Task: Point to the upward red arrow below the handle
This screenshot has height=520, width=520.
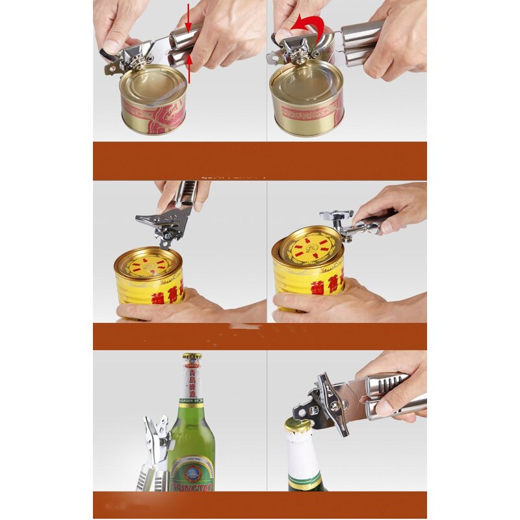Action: pyautogui.click(x=189, y=69)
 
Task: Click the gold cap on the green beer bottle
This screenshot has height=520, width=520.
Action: pyautogui.click(x=192, y=358)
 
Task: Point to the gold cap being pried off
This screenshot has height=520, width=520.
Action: pyautogui.click(x=298, y=426)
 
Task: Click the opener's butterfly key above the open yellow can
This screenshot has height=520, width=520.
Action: pyautogui.click(x=336, y=215)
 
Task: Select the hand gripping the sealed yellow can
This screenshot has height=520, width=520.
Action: pyautogui.click(x=169, y=309)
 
